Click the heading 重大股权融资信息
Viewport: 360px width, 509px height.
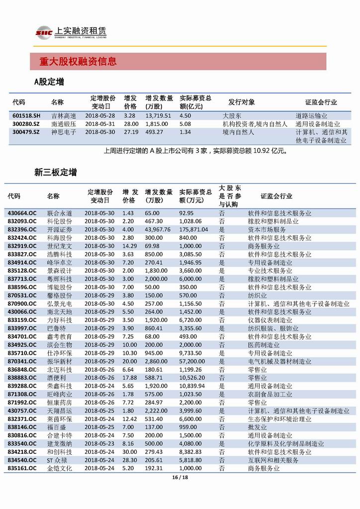point(78,62)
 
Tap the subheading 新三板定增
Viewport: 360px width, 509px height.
point(56,173)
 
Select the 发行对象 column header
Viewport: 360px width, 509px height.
point(242,102)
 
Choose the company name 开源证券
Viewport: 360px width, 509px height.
point(59,229)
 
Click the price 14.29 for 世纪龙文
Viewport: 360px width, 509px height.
point(129,246)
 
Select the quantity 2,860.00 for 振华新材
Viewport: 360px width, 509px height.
point(157,361)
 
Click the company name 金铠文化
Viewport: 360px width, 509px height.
point(59,468)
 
